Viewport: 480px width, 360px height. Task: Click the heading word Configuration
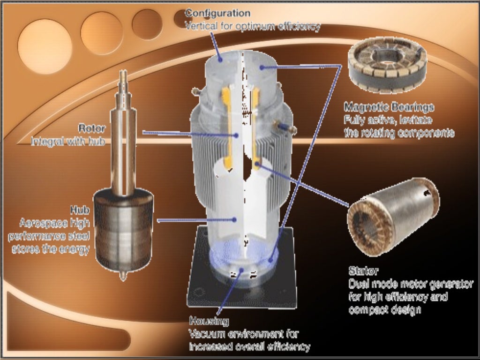click(x=217, y=13)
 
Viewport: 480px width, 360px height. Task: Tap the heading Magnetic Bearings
click(x=389, y=107)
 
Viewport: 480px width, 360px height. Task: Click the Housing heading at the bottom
click(x=209, y=322)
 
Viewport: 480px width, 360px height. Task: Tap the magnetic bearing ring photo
click(x=389, y=64)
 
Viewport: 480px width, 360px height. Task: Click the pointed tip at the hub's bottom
click(x=123, y=277)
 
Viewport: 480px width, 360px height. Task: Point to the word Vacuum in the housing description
click(x=207, y=334)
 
